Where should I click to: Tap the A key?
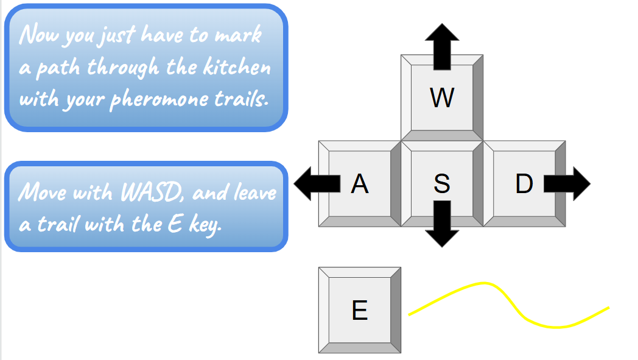pyautogui.click(x=359, y=183)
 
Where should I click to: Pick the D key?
pyautogui.click(x=524, y=183)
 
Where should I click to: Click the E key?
pyautogui.click(x=359, y=310)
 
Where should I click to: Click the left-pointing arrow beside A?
pyautogui.click(x=314, y=183)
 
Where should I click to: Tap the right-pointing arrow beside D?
pyautogui.click(x=569, y=183)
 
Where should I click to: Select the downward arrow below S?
pyautogui.click(x=442, y=225)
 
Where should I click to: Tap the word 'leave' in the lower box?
pyautogui.click(x=254, y=192)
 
